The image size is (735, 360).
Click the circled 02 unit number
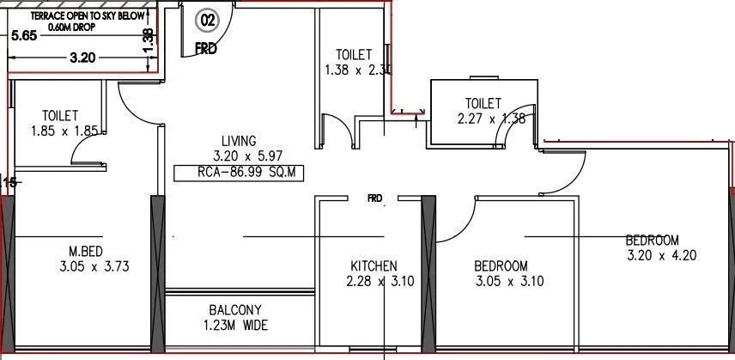(x=208, y=18)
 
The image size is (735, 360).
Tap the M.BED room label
(x=87, y=251)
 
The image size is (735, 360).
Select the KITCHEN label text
(x=374, y=265)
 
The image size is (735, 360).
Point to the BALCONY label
(x=234, y=310)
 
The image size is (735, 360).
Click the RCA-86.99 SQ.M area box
(x=238, y=172)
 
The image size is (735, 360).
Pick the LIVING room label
(x=239, y=141)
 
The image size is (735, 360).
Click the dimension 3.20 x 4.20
(x=661, y=255)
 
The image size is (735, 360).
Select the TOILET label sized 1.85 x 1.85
(x=60, y=115)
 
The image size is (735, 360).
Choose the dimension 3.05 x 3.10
(x=508, y=281)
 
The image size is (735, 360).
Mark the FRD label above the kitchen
(x=374, y=198)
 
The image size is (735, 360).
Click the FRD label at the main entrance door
(x=205, y=49)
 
